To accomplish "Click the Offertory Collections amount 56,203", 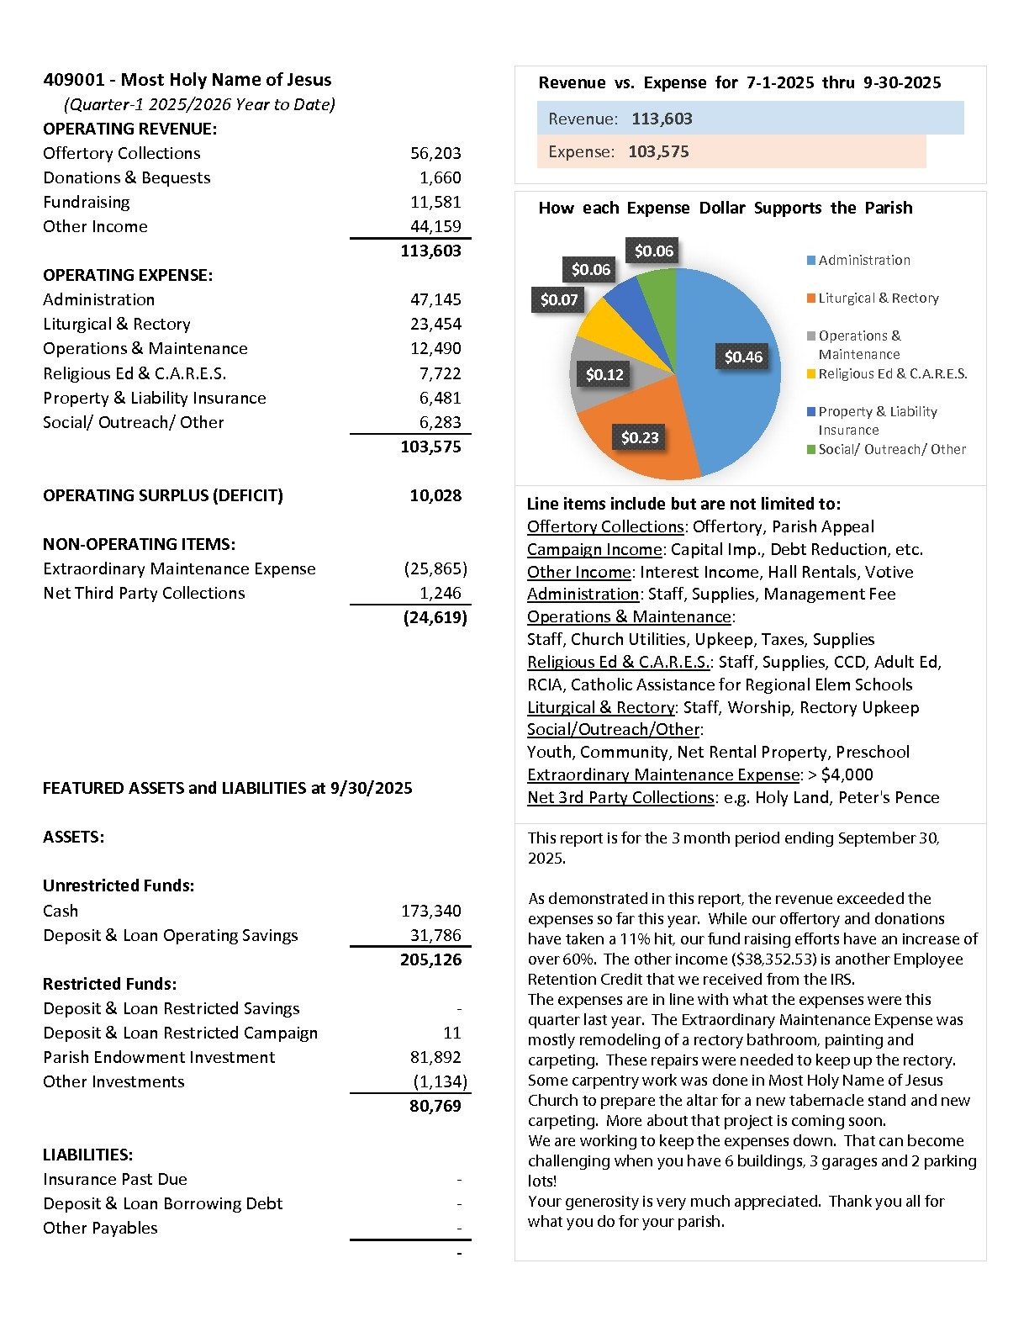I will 435,153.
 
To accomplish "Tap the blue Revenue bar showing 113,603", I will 750,119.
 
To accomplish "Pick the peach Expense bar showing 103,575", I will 731,151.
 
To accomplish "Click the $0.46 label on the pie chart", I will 743,357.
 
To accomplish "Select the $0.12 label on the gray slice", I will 604,374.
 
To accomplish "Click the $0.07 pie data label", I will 559,299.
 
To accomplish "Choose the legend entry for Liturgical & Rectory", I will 878,298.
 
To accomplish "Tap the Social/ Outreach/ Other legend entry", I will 891,449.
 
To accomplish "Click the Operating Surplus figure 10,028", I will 435,495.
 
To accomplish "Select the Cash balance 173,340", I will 430,911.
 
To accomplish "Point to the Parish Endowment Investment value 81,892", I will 435,1057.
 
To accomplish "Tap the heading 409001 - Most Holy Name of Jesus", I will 187,80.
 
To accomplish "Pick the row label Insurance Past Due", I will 115,1179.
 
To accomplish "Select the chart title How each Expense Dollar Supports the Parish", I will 725,208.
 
